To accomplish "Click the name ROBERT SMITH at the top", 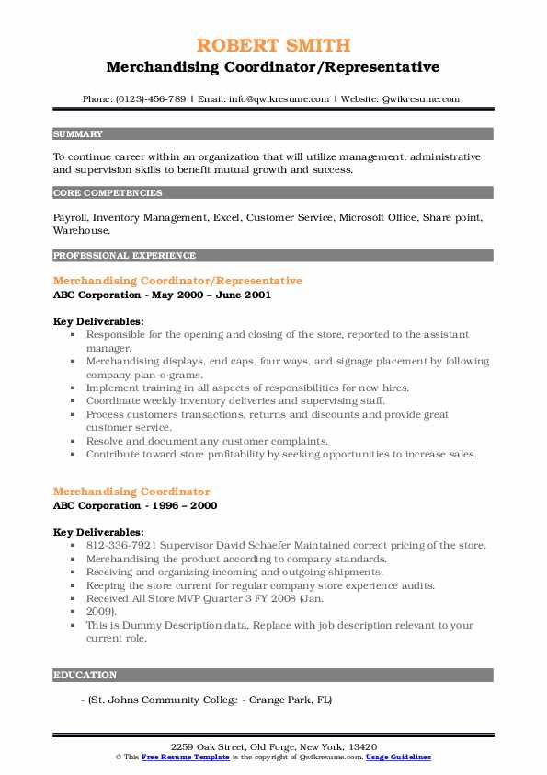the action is tap(272, 45).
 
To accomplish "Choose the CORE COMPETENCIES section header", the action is tap(108, 193).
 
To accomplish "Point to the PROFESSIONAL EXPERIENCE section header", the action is tap(124, 255).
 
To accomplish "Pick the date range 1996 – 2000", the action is tap(185, 505).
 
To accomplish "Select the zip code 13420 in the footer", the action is tap(361, 746).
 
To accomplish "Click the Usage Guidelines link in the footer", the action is tap(398, 757).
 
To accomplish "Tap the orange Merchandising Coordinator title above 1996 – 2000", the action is tap(131, 492).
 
